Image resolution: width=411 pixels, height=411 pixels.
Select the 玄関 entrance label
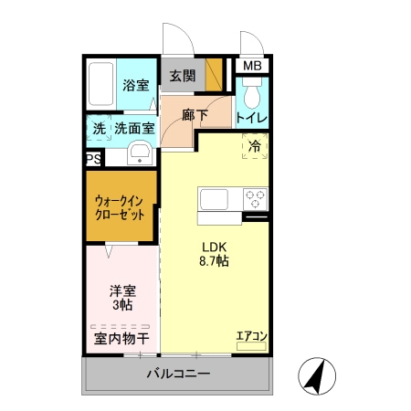[182, 77]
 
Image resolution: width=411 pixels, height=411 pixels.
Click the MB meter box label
[251, 66]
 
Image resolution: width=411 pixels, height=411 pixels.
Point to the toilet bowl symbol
[252, 93]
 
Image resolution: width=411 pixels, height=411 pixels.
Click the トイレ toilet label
[251, 118]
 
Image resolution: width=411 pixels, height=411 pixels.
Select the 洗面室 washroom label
[132, 129]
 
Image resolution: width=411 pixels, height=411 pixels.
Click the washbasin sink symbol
[140, 153]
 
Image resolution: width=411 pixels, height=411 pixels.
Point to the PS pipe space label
[92, 159]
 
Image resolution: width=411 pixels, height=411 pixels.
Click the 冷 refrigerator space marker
[255, 144]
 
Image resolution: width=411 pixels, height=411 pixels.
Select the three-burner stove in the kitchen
[254, 198]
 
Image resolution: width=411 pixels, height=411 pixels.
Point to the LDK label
[214, 247]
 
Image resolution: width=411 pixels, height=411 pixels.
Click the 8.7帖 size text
[214, 262]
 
